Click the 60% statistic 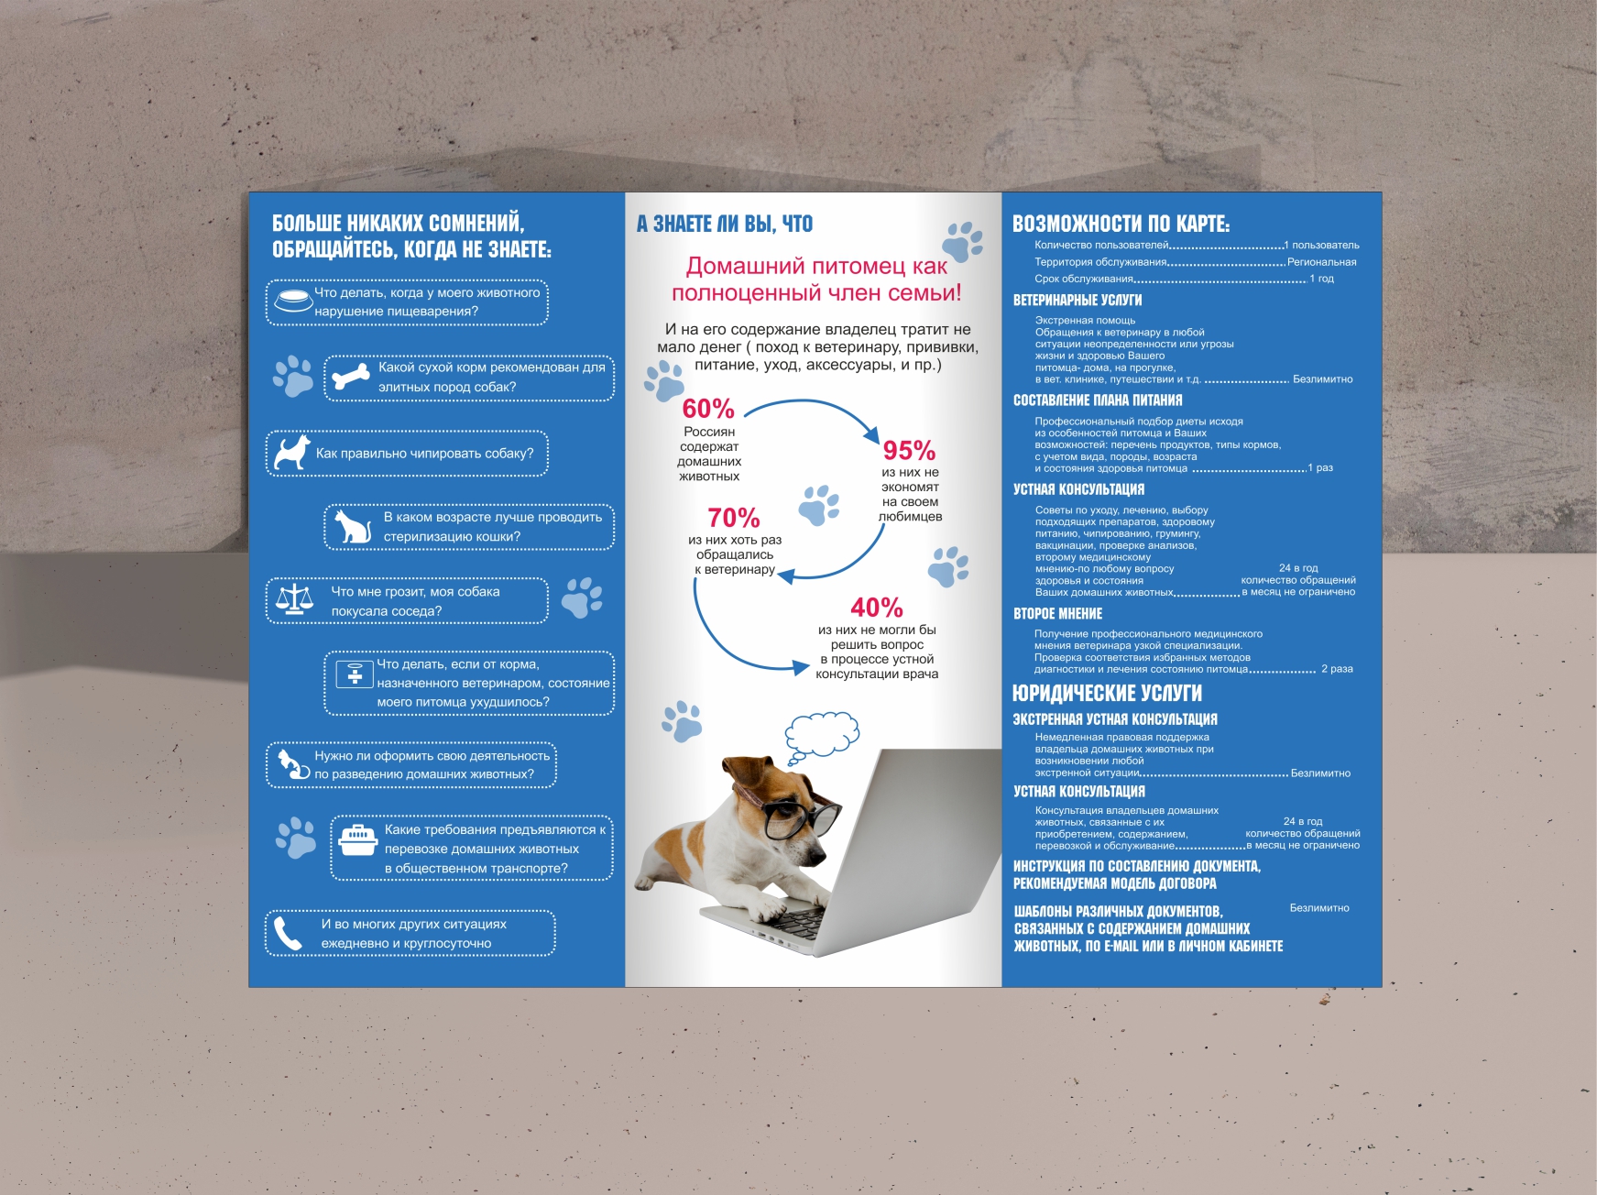pos(708,409)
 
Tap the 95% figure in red pos(909,451)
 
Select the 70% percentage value pos(733,518)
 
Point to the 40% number pos(877,608)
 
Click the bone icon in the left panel pos(351,376)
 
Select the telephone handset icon pos(288,933)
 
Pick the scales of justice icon pos(294,600)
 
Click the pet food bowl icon pos(293,300)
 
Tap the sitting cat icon pos(352,526)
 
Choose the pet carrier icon pos(358,839)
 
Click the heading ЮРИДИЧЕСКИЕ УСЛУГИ pos(1107,693)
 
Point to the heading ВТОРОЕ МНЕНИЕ pos(1057,614)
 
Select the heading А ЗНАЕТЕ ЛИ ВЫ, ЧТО pos(725,224)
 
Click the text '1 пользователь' pos(1322,246)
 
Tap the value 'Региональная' pos(1321,262)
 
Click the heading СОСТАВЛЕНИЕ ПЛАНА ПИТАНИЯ pos(1098,400)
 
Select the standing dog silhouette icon pos(292,452)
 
